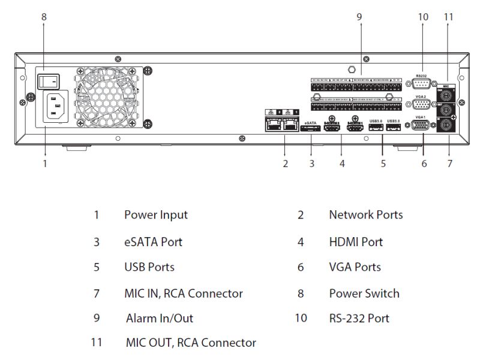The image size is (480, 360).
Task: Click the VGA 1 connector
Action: tap(421, 126)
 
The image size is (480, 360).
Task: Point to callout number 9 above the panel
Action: tap(359, 17)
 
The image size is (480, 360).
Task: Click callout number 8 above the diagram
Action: tap(43, 17)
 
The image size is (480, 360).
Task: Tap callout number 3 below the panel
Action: tap(311, 163)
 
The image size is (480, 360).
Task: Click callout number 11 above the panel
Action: tap(448, 17)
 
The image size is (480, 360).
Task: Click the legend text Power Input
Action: tap(156, 214)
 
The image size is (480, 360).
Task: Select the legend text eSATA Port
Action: tap(153, 242)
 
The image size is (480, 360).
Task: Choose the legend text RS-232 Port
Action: tap(359, 318)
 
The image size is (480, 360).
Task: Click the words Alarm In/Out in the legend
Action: tap(160, 318)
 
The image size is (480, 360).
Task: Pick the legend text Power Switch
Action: tap(364, 294)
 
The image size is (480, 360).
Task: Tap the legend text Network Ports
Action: tap(365, 214)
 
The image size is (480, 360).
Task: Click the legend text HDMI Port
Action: tap(355, 242)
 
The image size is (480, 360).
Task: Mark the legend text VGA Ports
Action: tap(355, 267)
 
